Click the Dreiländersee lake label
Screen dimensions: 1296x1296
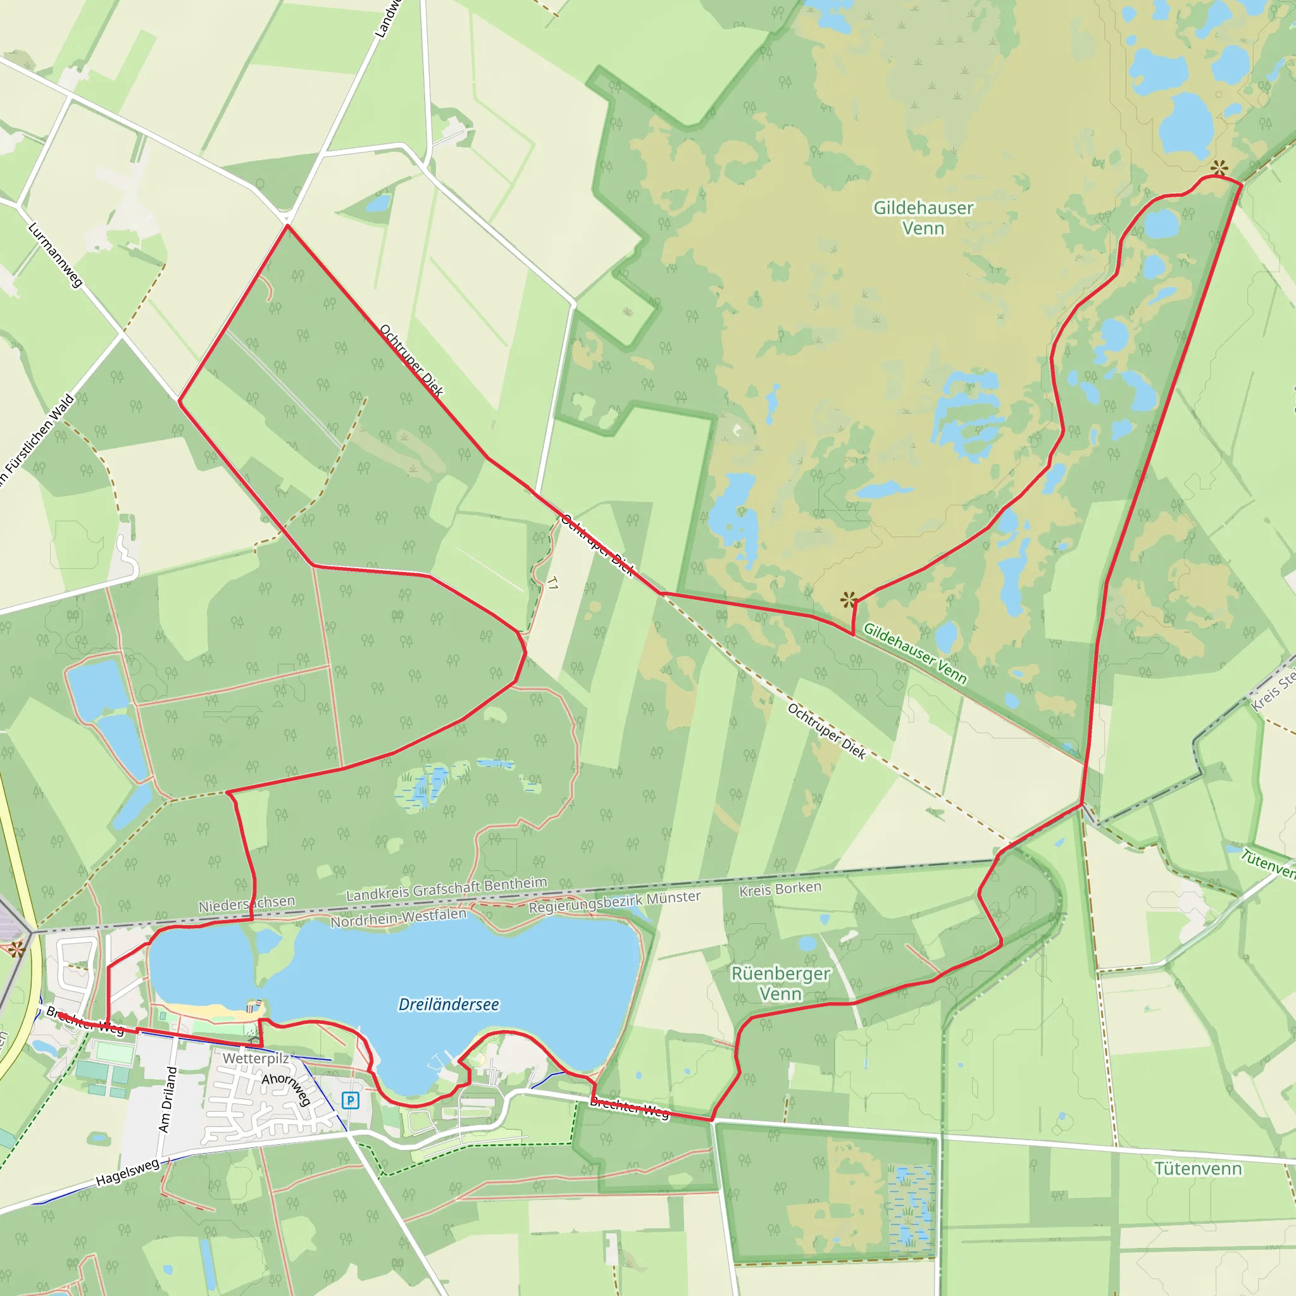point(449,1004)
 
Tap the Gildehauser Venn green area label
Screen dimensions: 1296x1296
point(923,218)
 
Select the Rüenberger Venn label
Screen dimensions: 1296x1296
point(780,983)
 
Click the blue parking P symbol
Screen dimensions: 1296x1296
point(350,1100)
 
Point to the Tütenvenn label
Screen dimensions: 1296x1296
point(1198,1169)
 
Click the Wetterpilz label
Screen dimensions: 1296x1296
point(256,1058)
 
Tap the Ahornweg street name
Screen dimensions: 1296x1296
point(287,1088)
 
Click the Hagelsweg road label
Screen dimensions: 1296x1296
point(127,1171)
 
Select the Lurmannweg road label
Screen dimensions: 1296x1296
point(55,256)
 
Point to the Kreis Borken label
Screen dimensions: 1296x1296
point(780,890)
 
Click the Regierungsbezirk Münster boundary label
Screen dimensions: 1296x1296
point(614,902)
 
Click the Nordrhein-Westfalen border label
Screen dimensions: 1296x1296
point(398,918)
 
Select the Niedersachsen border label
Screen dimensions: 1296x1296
point(246,904)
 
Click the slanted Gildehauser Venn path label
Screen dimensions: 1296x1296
point(914,653)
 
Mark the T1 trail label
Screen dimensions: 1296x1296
point(552,583)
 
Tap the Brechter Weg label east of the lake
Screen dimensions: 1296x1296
point(629,1108)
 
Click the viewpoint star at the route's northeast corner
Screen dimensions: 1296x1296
point(1219,168)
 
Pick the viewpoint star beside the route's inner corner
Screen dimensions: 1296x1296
point(849,599)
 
